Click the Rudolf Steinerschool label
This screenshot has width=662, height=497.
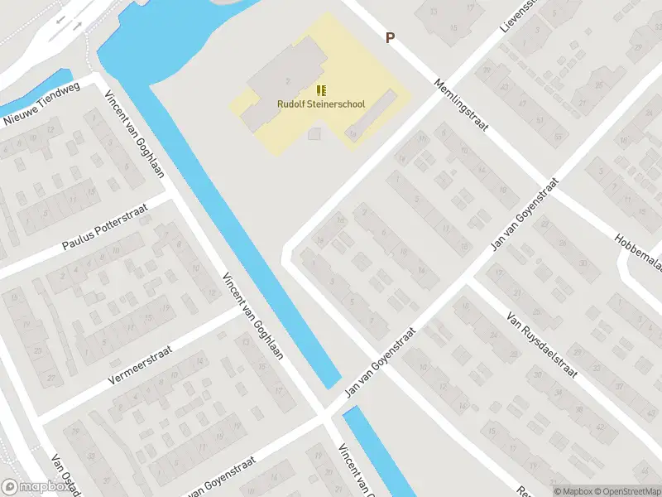coord(321,104)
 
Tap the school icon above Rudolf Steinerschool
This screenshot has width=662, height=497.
coord(321,90)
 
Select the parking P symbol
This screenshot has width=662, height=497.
coord(390,37)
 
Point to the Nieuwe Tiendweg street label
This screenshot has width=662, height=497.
coord(41,108)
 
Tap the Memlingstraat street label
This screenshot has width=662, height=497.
coord(462,105)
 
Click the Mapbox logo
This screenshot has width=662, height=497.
coord(34,487)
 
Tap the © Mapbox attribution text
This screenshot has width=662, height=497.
coord(574,491)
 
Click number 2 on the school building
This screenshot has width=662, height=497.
coord(286,80)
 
